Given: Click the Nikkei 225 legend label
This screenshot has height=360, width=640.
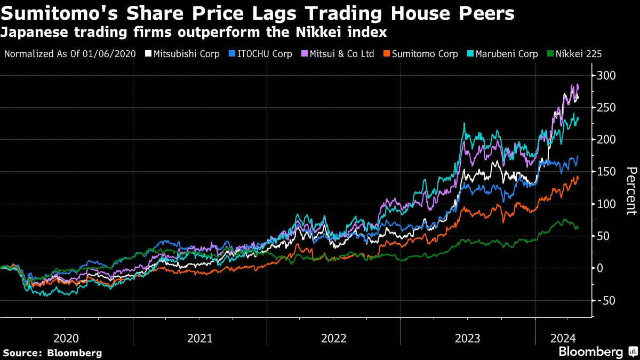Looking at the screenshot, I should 579,54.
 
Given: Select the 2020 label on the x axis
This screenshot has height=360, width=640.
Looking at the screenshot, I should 66,338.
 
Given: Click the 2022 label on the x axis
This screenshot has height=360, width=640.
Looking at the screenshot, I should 334,338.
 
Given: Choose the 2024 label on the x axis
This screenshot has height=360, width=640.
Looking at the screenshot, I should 562,338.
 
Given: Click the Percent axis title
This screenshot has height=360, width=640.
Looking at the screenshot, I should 631,190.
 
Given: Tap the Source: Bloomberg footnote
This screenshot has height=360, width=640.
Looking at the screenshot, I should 52,353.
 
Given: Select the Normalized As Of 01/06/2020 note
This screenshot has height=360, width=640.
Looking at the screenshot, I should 70,54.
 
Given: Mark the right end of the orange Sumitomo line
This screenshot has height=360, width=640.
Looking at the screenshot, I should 578,178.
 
